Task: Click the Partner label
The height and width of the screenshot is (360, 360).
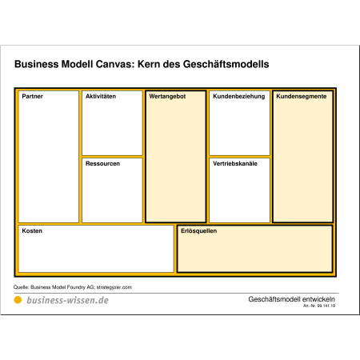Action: (32, 96)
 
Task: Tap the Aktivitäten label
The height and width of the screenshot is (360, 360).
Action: (101, 96)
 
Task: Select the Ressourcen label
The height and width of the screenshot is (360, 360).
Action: (102, 163)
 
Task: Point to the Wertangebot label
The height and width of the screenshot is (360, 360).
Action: (167, 97)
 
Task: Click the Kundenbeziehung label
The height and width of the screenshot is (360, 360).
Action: (239, 97)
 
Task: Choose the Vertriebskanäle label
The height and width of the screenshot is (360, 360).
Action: (235, 163)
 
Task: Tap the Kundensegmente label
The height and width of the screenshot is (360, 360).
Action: (302, 97)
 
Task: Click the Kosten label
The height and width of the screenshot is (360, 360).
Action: (32, 230)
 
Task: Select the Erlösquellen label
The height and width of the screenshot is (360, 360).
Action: (198, 231)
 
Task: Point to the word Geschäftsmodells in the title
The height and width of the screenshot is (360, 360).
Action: (226, 64)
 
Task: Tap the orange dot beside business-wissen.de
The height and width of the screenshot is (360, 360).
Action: (18, 300)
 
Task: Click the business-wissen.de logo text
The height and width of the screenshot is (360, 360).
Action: (68, 300)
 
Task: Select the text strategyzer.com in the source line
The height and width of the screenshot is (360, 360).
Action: (114, 287)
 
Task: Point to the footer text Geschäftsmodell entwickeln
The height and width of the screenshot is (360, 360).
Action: (291, 299)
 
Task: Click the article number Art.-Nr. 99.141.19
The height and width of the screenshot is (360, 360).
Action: (319, 306)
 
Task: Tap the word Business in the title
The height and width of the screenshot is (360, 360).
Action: (36, 64)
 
